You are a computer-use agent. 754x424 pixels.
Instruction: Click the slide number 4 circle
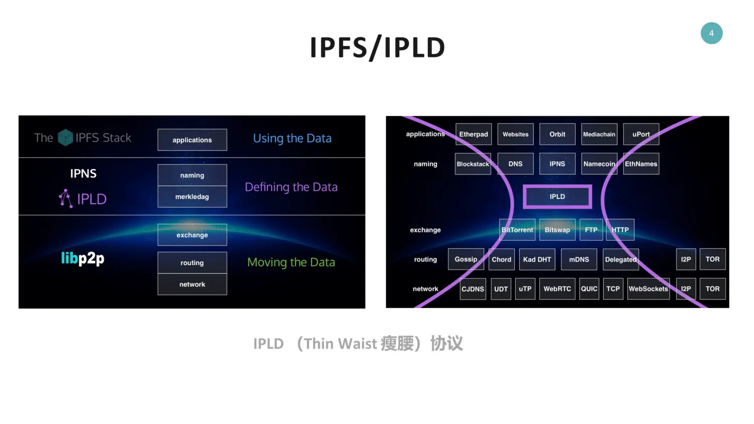click(x=711, y=33)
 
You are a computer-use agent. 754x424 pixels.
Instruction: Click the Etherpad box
click(x=474, y=134)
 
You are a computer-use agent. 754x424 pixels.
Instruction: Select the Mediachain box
click(x=599, y=134)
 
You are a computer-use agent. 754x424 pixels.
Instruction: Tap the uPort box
click(x=641, y=134)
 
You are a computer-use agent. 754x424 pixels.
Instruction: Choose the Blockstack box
click(x=473, y=164)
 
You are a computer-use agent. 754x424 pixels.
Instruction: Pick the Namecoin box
click(x=599, y=164)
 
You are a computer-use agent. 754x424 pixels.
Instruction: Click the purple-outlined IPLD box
click(x=557, y=196)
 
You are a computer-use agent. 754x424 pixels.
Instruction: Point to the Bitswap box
click(x=557, y=230)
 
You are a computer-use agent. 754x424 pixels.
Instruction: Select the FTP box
click(x=591, y=230)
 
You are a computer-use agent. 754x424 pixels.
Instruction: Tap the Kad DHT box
click(x=537, y=259)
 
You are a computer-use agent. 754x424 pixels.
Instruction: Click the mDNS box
click(x=579, y=259)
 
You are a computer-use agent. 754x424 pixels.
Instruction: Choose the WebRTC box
click(x=557, y=289)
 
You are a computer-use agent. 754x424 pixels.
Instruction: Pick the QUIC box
click(x=589, y=289)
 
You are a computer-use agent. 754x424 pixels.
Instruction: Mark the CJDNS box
click(x=473, y=289)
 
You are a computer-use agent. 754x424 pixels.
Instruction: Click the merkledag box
click(x=192, y=196)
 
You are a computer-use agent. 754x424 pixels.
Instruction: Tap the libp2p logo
click(x=82, y=258)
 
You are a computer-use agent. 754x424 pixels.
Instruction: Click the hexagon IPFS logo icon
click(x=65, y=138)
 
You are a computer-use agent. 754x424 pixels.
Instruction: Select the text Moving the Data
click(x=291, y=262)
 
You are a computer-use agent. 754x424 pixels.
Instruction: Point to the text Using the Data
click(x=292, y=138)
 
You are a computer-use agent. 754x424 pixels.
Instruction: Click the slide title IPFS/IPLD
click(x=378, y=48)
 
